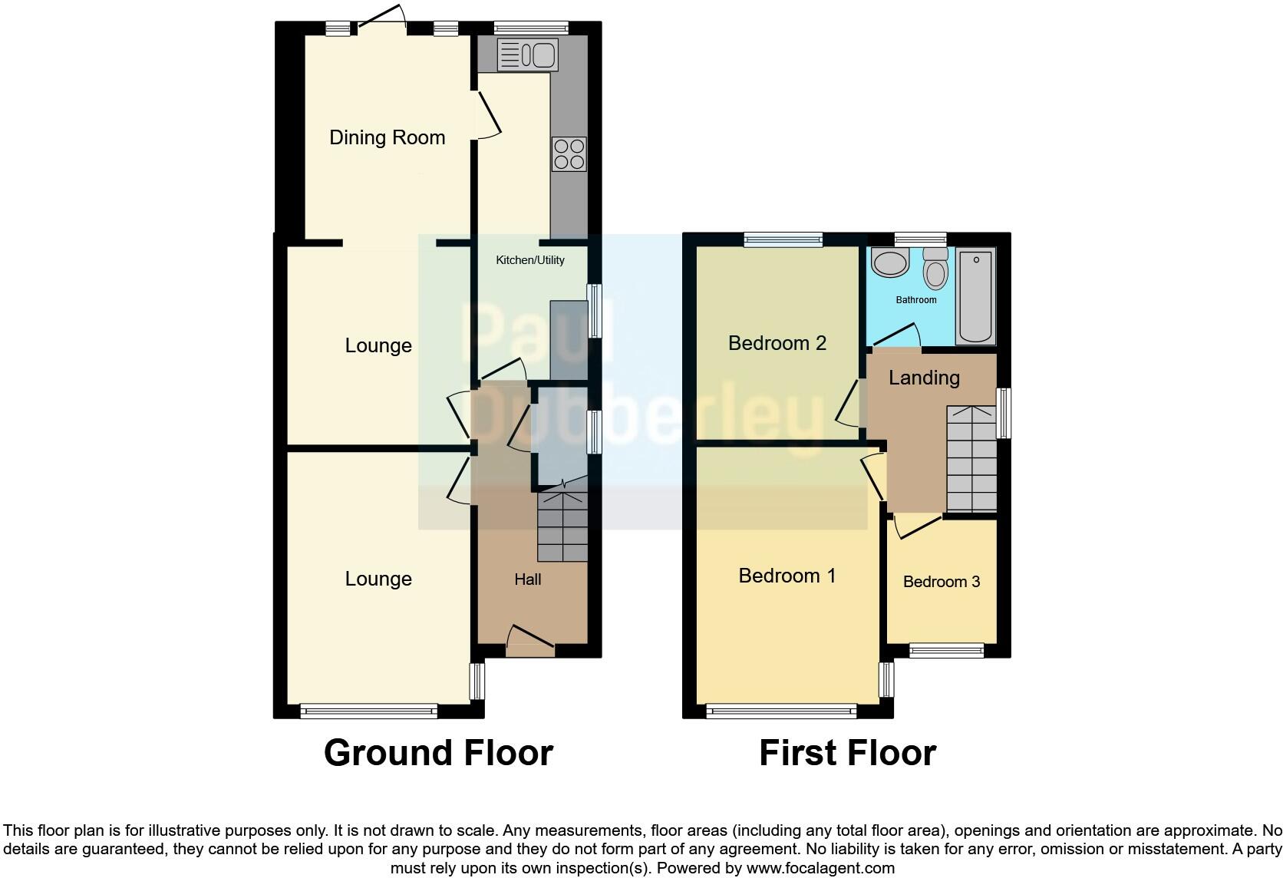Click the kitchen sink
[527, 55]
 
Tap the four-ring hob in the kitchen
[569, 153]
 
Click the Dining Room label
[387, 137]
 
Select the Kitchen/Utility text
[529, 260]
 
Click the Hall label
[527, 579]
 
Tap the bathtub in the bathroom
[975, 297]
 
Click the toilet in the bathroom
[935, 269]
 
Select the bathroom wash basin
[890, 264]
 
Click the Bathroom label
[915, 300]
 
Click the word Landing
[924, 378]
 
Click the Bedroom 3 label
[941, 582]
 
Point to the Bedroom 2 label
[777, 343]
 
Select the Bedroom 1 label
[787, 576]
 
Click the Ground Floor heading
[438, 753]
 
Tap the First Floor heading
[847, 753]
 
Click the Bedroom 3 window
[946, 651]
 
